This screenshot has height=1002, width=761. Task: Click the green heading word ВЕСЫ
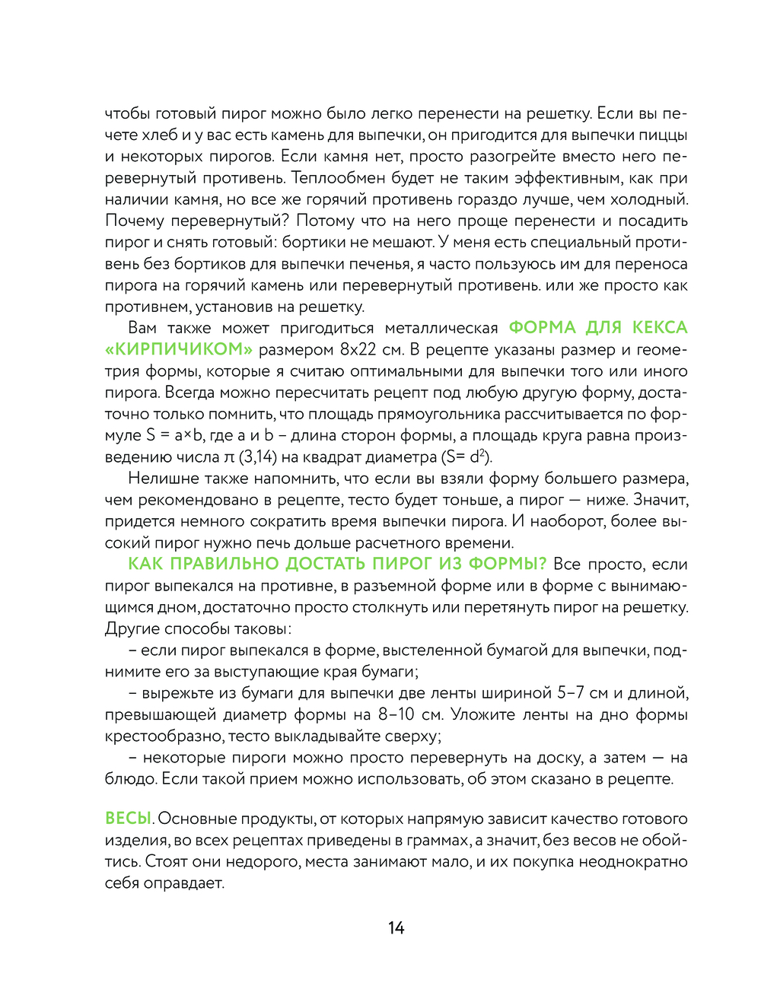pyautogui.click(x=128, y=819)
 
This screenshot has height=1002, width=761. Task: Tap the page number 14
pyautogui.click(x=396, y=927)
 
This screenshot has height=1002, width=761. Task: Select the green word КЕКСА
pyautogui.click(x=659, y=328)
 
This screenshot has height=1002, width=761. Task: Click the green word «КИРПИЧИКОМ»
pyautogui.click(x=179, y=350)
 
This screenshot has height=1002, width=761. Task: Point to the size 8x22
pyautogui.click(x=358, y=350)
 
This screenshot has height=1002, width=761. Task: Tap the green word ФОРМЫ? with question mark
pyautogui.click(x=507, y=565)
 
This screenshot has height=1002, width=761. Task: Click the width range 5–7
pyautogui.click(x=570, y=693)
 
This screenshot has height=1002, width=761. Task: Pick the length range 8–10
pyautogui.click(x=396, y=714)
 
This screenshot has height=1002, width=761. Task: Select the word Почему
pyautogui.click(x=135, y=221)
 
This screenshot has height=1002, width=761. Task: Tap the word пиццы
pyautogui.click(x=664, y=135)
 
